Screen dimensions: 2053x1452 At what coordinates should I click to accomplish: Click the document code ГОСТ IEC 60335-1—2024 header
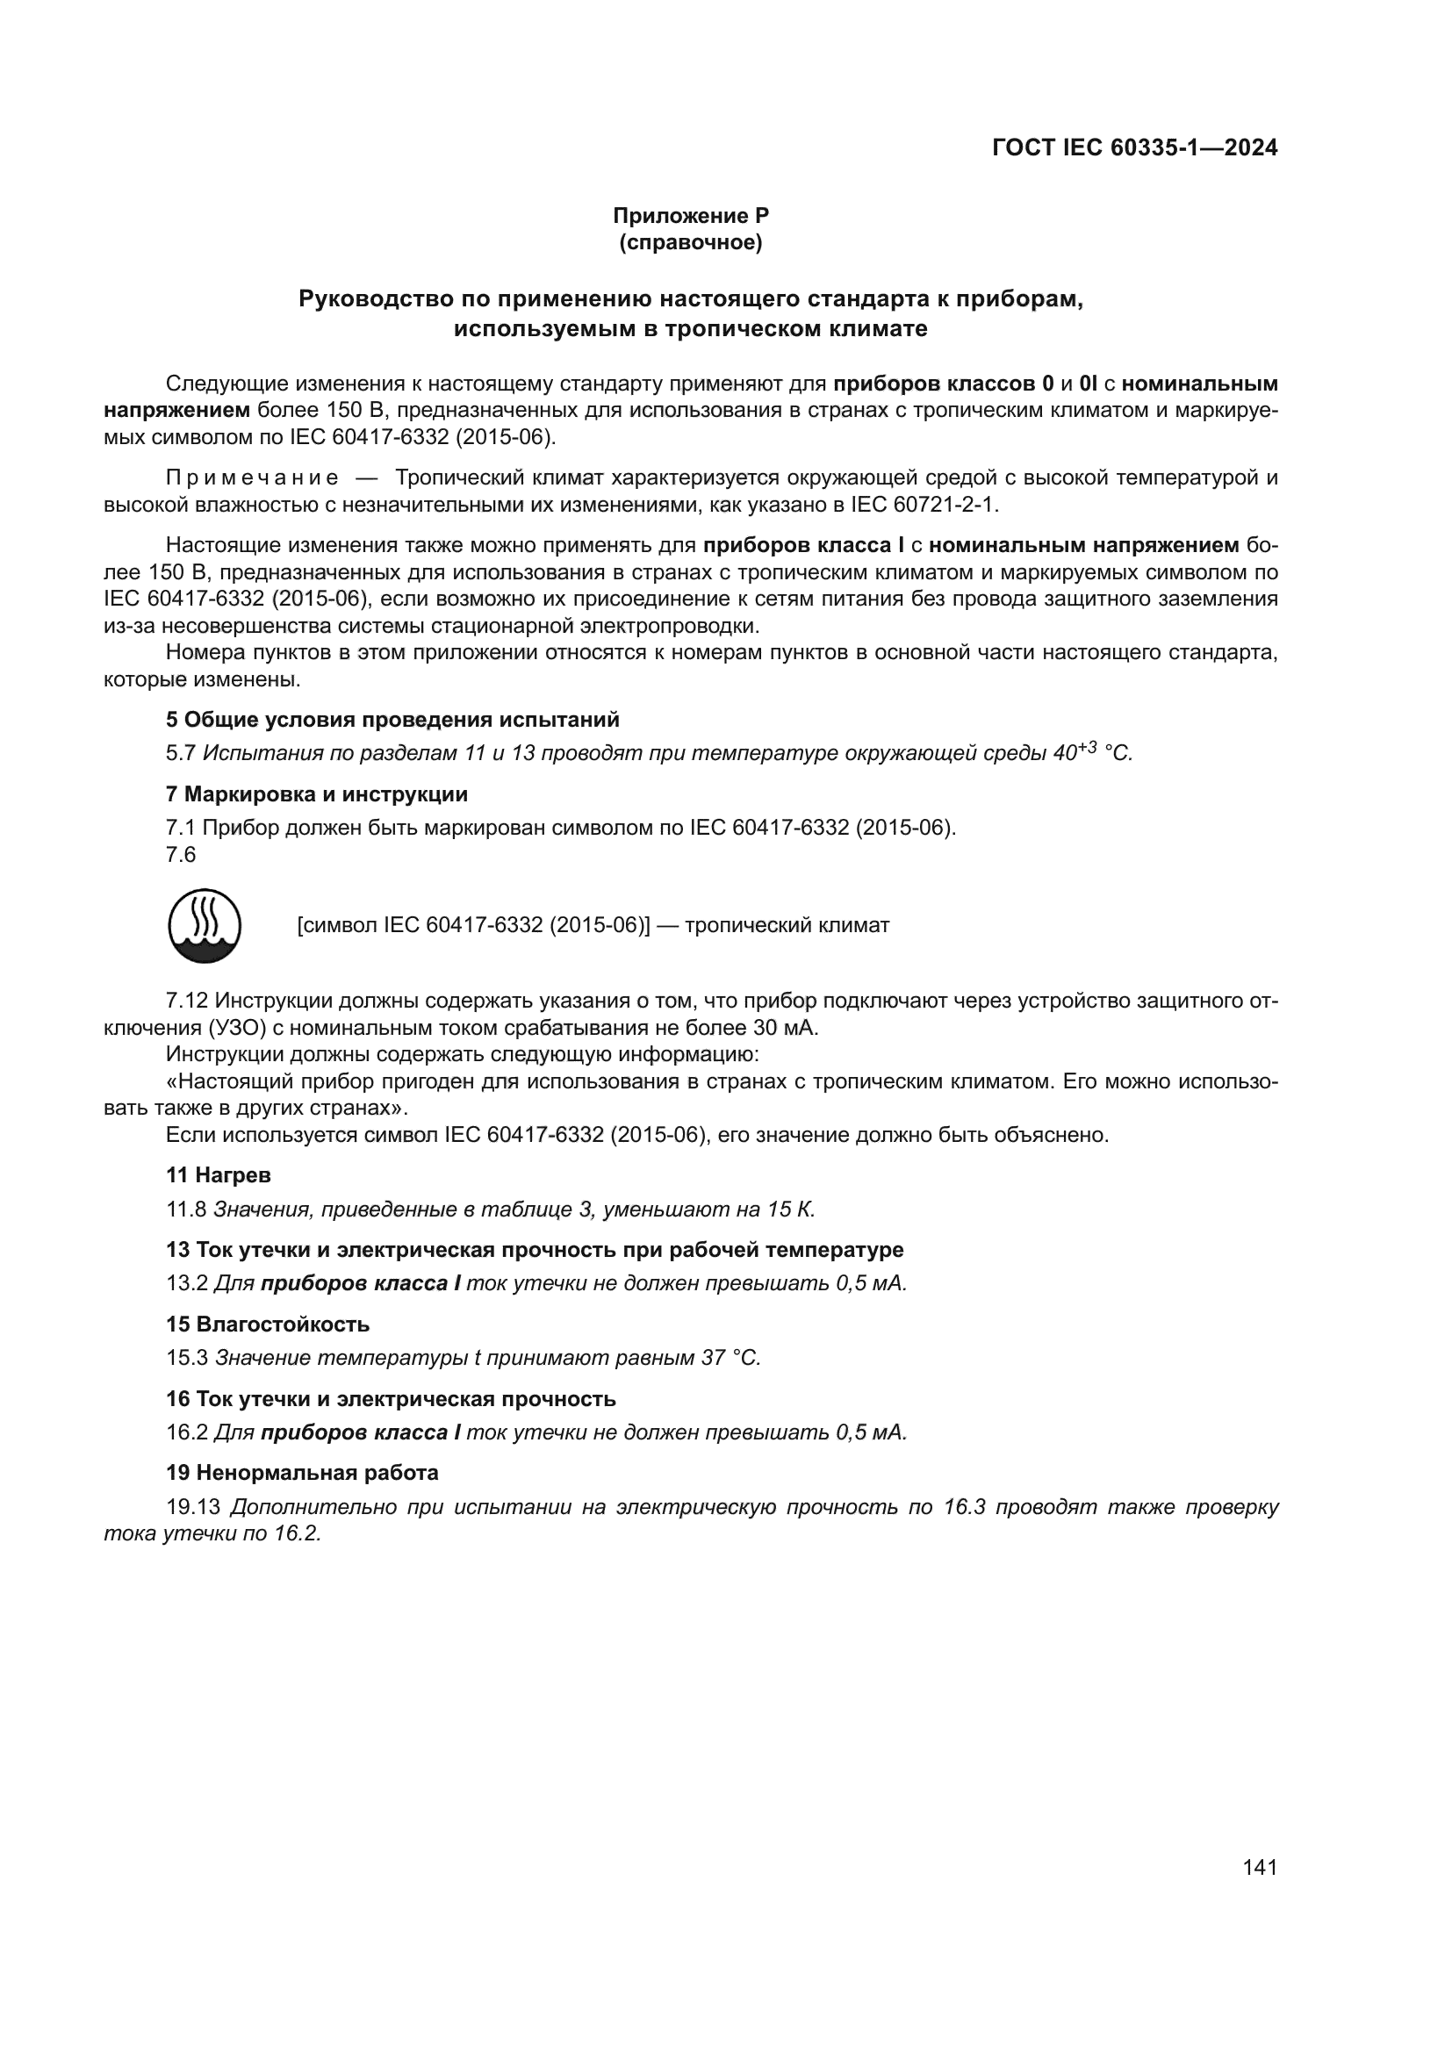(x=1133, y=147)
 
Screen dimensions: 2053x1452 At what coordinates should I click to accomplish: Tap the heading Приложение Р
(x=690, y=216)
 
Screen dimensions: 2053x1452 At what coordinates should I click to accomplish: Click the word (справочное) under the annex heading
(x=690, y=242)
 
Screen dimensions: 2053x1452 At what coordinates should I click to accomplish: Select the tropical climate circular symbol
(x=205, y=925)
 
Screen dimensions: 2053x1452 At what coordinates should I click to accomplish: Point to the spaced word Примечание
(x=252, y=477)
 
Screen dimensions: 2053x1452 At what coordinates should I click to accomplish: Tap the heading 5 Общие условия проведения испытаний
(x=392, y=720)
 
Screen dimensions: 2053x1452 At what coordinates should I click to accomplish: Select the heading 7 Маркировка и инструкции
(x=317, y=794)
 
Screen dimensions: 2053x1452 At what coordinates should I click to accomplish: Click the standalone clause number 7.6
(x=181, y=855)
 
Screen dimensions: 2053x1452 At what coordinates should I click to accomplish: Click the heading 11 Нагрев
(x=219, y=1175)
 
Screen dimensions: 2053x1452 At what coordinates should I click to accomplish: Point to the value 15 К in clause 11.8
(x=789, y=1210)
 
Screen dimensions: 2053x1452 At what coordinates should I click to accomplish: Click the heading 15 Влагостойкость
(x=268, y=1324)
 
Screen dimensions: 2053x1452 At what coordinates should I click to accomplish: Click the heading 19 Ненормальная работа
(x=302, y=1473)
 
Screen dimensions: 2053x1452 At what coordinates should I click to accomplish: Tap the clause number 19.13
(x=192, y=1508)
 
